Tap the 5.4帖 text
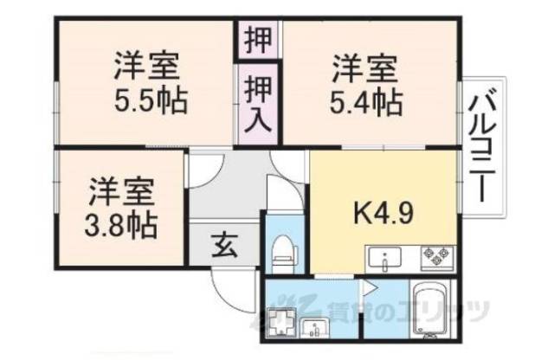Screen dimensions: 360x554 pos(364,101)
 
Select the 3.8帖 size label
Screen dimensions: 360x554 pos(122,225)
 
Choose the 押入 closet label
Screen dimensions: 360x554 pos(256,101)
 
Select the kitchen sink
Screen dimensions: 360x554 pos(383,258)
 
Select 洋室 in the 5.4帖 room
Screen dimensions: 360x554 pos(364,65)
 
